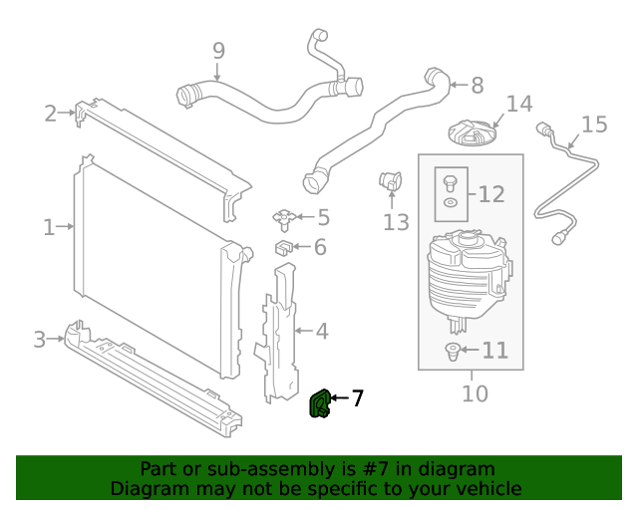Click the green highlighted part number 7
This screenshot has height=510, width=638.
(321, 404)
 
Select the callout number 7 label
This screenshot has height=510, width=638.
(357, 399)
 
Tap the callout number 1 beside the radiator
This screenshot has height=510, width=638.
(49, 227)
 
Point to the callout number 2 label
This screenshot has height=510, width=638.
(50, 114)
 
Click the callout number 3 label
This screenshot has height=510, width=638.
(40, 340)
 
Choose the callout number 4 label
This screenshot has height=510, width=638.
(322, 330)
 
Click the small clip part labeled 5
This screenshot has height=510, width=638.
(285, 216)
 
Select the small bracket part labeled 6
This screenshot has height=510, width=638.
(284, 246)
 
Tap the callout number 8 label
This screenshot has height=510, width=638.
(477, 86)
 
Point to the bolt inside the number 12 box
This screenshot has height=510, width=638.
(450, 182)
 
